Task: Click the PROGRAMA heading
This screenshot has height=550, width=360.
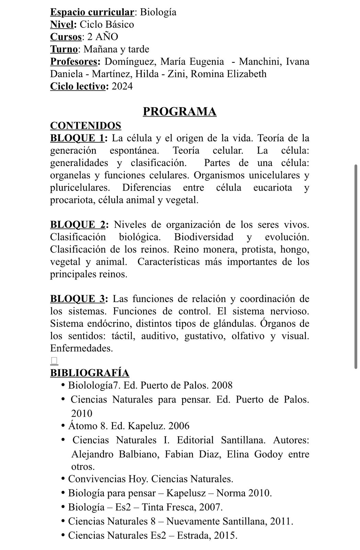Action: [179, 112]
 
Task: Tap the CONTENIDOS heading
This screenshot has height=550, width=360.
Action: [86, 125]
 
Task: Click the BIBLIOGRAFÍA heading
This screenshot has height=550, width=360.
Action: [90, 373]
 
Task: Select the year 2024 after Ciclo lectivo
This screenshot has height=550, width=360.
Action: [122, 86]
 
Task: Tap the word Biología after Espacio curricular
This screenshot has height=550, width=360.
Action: [158, 12]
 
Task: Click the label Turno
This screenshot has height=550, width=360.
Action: [64, 49]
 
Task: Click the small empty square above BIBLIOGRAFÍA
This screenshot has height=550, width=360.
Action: [54, 361]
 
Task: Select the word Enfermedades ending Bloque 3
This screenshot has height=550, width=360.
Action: [81, 349]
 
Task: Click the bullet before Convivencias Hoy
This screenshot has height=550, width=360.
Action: [63, 478]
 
